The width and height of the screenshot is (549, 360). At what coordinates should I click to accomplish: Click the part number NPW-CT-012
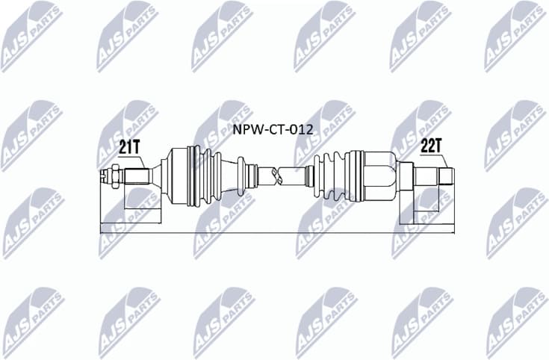273,129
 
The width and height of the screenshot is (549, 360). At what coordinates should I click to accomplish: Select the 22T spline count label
431,146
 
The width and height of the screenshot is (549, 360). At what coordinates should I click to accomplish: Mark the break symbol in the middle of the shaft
278,176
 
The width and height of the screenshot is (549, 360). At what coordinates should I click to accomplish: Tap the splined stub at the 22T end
434,176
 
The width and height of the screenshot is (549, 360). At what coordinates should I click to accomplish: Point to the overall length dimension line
276,233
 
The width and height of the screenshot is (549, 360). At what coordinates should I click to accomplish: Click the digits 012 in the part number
300,129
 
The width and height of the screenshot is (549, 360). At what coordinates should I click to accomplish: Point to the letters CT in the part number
274,129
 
